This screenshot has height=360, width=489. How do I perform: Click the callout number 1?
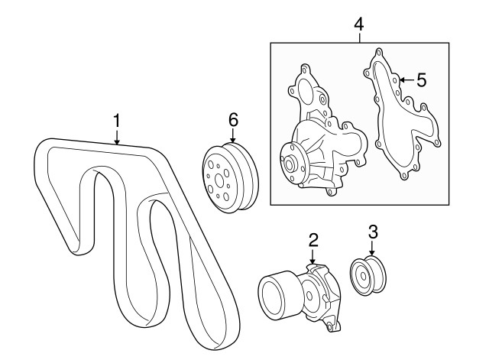[117, 121]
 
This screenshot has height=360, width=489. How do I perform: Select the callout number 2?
[313, 239]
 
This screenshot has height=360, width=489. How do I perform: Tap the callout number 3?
[373, 232]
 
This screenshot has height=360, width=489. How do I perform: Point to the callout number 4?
[359, 24]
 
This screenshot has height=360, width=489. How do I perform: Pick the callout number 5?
[422, 80]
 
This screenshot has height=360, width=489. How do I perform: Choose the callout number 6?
[233, 120]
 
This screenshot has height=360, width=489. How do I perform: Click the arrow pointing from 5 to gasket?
[406, 80]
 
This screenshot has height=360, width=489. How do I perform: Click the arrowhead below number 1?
[117, 143]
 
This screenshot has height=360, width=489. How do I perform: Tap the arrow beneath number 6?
[233, 136]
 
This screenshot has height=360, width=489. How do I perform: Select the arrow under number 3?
[372, 248]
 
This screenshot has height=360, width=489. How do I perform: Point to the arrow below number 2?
[313, 256]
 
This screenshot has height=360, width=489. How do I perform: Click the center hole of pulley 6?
[219, 180]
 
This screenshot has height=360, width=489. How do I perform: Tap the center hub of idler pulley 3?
[364, 276]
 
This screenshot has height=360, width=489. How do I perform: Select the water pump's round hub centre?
[289, 164]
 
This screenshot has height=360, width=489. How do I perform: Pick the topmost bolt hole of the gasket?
[379, 52]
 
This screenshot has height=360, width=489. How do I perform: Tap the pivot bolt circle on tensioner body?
[309, 295]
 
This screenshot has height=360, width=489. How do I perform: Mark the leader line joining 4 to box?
[360, 37]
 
